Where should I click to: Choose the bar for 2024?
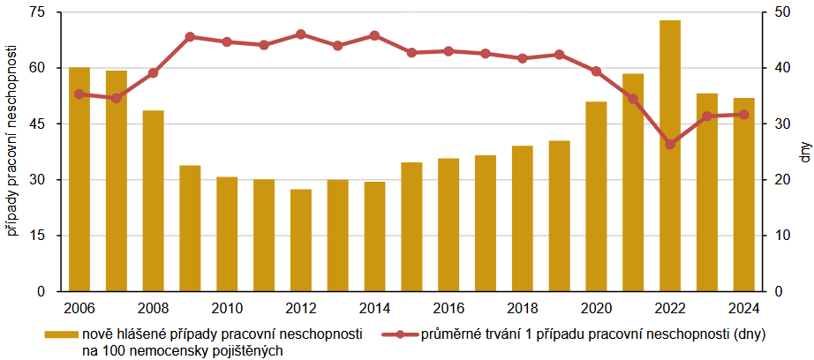click(743, 194)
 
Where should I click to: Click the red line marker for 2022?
click(670, 144)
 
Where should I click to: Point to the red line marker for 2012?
click(301, 34)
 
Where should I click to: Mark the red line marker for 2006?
click(79, 94)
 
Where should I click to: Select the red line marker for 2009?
click(190, 37)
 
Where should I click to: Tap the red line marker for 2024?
click(743, 114)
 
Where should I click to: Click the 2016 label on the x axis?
click(448, 308)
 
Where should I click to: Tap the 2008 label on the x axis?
click(154, 308)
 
